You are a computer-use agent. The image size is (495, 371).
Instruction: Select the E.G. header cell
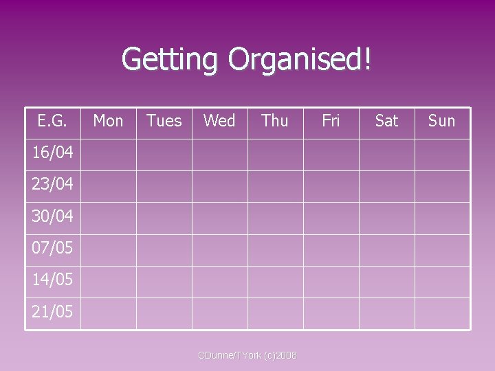pyautogui.click(x=52, y=121)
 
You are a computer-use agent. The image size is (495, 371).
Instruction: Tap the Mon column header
pyautogui.click(x=108, y=121)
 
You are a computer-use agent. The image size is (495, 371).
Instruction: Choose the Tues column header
pyautogui.click(x=164, y=121)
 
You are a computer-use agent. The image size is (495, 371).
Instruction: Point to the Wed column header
pyautogui.click(x=219, y=121)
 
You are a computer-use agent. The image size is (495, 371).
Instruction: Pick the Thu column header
pyautogui.click(x=275, y=121)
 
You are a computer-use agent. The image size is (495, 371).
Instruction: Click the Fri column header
pyautogui.click(x=331, y=121)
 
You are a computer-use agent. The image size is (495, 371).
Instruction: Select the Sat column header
pyautogui.click(x=386, y=121)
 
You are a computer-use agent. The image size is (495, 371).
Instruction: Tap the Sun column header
pyautogui.click(x=441, y=121)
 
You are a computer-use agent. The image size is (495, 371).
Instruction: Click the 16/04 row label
pyautogui.click(x=52, y=153)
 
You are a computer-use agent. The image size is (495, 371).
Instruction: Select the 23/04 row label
pyautogui.click(x=52, y=184)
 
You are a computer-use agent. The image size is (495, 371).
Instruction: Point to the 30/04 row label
pyautogui.click(x=52, y=216)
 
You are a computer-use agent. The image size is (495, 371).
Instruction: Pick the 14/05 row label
pyautogui.click(x=52, y=280)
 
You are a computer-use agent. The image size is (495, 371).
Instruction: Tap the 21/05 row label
pyautogui.click(x=52, y=312)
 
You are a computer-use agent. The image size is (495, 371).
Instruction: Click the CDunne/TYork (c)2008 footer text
pyautogui.click(x=247, y=355)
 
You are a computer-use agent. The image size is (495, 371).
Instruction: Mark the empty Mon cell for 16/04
pyautogui.click(x=108, y=155)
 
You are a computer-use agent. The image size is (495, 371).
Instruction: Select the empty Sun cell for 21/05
pyautogui.click(x=442, y=313)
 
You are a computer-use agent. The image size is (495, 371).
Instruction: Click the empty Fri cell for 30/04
pyautogui.click(x=331, y=218)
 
